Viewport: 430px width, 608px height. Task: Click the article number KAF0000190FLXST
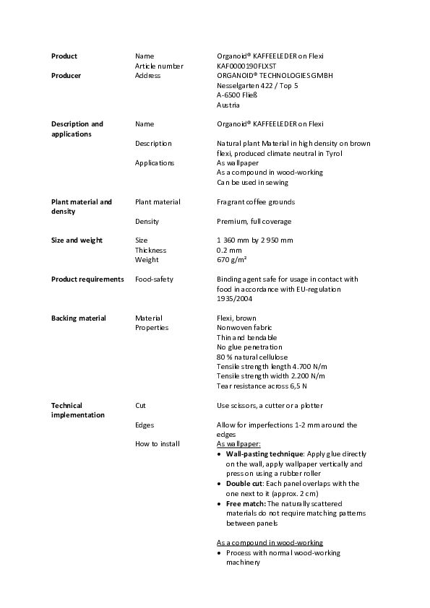tap(246, 66)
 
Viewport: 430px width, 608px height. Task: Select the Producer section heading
tap(66, 75)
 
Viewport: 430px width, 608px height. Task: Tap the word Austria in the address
tap(229, 105)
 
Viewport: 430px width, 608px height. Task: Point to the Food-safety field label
tap(154, 279)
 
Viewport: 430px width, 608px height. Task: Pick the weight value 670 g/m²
tap(232, 259)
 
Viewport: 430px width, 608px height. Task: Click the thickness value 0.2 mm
tap(229, 250)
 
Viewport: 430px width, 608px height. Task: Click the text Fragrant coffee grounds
tap(256, 201)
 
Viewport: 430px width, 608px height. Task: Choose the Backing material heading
tap(78, 318)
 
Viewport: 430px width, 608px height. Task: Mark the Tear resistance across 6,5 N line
tap(261, 386)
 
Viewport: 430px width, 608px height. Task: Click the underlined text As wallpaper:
tap(238, 444)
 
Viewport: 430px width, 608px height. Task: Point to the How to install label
tap(158, 444)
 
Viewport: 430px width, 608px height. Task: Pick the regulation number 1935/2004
tap(231, 298)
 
